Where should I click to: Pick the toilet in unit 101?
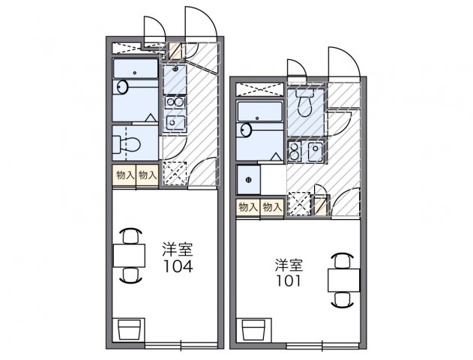304,103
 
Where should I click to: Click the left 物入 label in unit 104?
124,175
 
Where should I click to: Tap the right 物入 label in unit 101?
271,207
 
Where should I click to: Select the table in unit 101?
343,279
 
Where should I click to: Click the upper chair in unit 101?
343,259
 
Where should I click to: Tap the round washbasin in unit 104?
122,87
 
